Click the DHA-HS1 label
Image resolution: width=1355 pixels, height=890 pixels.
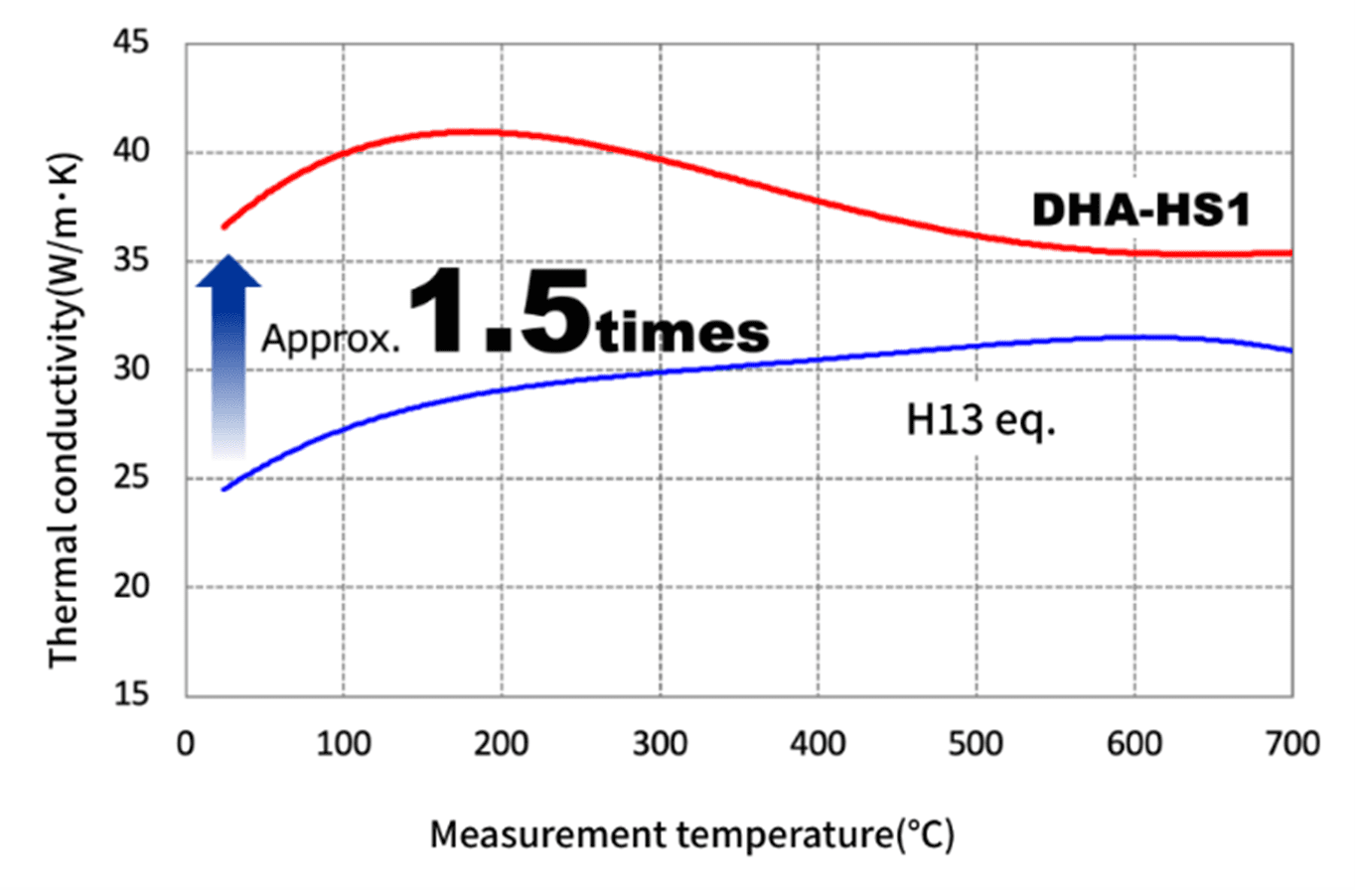1139,210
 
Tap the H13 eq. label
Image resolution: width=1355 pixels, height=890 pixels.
979,423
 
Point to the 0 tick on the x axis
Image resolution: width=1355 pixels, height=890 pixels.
186,744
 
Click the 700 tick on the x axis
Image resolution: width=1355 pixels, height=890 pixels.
1290,744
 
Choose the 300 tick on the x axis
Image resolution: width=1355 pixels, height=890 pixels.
660,744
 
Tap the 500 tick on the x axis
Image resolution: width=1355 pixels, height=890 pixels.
976,744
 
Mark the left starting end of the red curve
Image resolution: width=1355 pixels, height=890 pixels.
224,226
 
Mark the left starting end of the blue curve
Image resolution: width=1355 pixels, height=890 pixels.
224,489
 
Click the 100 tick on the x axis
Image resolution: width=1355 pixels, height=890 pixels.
344,744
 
